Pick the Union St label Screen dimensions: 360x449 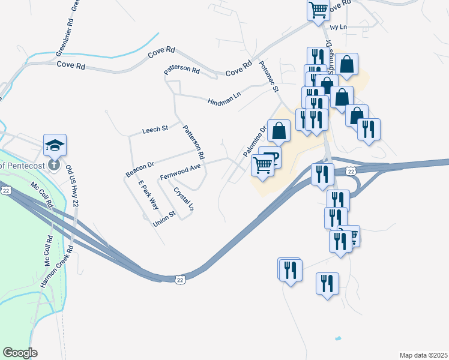(164, 219)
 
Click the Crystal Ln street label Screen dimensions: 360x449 (184, 199)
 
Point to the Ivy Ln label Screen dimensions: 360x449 (339, 27)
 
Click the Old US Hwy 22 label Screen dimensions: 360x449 (72, 186)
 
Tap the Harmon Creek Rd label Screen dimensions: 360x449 (57, 266)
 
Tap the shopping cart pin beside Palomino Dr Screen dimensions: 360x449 (262, 164)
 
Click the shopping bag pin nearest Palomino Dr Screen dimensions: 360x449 (279, 130)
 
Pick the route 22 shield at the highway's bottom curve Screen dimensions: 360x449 (180, 279)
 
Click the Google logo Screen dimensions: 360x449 (20, 353)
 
